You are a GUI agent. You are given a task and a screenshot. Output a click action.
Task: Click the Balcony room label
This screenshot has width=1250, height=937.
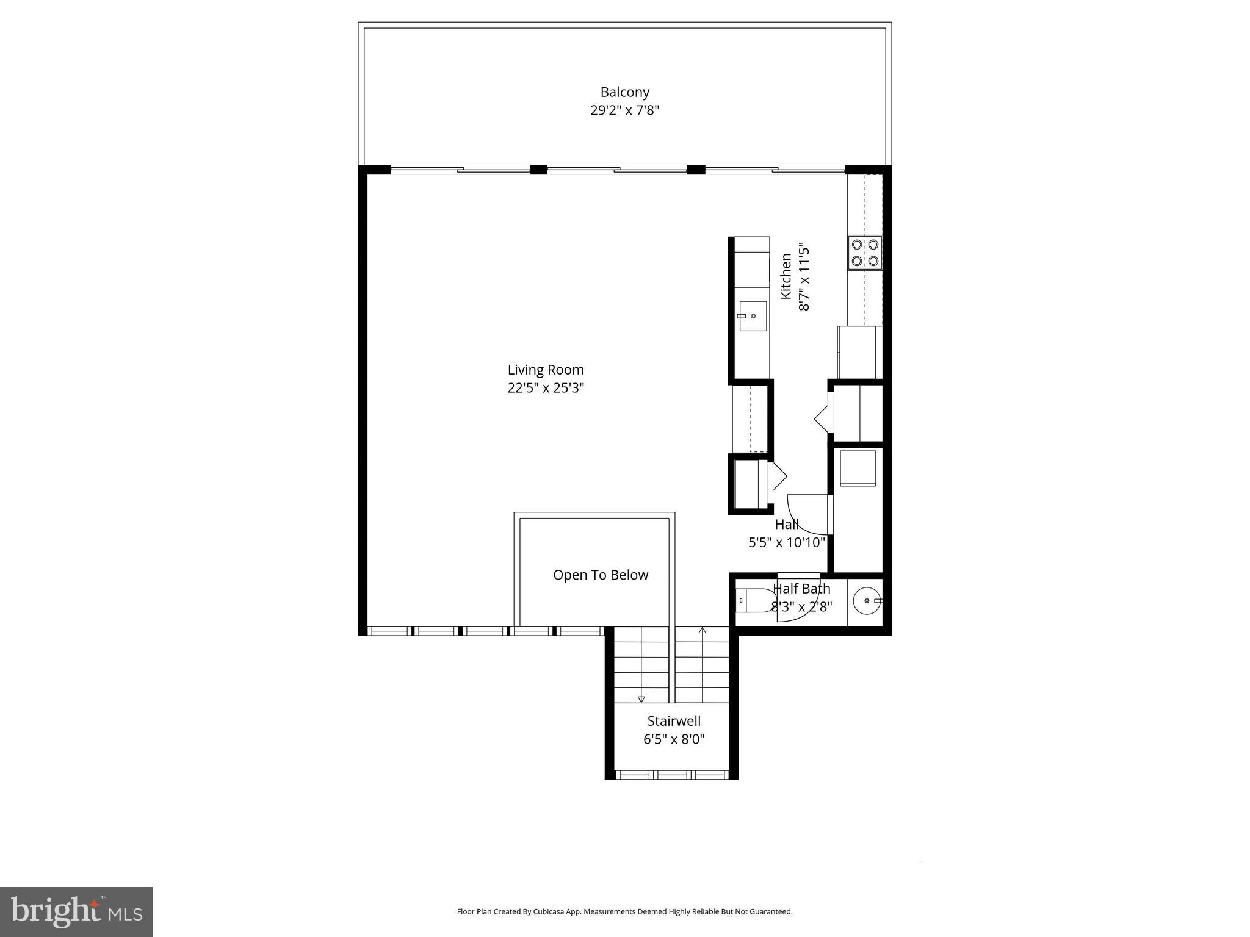[624, 92]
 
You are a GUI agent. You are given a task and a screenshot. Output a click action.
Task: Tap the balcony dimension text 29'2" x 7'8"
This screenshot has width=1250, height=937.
[624, 110]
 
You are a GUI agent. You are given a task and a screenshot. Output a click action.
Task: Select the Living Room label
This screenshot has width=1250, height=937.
[546, 370]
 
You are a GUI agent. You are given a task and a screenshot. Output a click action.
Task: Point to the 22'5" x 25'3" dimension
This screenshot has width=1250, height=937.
[546, 388]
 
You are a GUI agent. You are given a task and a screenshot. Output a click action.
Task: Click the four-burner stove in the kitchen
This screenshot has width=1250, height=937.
[865, 253]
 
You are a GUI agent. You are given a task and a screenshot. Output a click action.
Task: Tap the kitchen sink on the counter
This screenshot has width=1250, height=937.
[753, 316]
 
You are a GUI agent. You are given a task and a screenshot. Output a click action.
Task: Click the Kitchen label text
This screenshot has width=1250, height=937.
[786, 276]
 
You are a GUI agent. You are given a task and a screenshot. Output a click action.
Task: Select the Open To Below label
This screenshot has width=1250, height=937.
[600, 575]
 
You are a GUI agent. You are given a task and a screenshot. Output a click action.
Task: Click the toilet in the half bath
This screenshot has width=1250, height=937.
[754, 601]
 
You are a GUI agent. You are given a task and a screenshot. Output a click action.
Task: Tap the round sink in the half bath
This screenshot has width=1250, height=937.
[866, 601]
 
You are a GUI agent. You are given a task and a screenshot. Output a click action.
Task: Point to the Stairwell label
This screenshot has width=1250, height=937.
[674, 721]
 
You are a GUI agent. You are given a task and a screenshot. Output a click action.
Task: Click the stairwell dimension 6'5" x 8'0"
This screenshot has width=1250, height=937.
[674, 739]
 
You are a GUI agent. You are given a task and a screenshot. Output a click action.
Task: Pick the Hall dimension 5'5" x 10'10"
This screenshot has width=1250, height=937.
[787, 542]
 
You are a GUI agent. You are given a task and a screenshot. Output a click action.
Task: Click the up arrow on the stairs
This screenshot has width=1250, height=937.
[702, 631]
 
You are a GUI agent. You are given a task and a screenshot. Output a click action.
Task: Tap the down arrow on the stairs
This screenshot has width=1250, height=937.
[641, 699]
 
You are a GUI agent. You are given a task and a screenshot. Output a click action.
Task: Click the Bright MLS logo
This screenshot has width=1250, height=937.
[76, 912]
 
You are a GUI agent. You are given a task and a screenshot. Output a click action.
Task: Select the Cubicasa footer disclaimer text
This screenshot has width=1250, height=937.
[624, 912]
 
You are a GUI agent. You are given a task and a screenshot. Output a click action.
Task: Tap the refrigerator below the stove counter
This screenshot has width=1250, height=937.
[859, 353]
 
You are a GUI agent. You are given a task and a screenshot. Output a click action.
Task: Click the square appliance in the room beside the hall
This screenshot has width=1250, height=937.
[858, 468]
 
